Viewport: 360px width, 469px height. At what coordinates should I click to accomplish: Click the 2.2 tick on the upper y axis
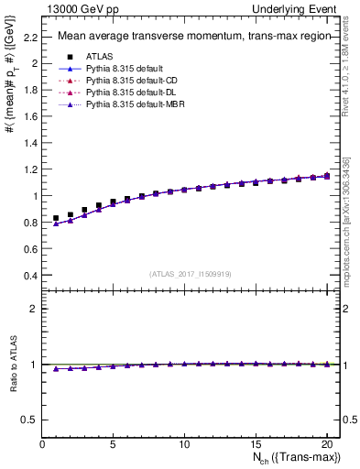click(30, 37)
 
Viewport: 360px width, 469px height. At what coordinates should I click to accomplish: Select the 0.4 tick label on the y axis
click(30, 275)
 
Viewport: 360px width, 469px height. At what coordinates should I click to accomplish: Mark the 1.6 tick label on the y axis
click(30, 116)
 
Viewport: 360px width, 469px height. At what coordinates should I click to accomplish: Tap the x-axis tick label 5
click(114, 444)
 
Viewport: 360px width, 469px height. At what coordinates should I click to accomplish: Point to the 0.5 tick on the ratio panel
click(30, 420)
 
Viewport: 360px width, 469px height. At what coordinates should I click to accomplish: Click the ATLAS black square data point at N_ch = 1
click(56, 218)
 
